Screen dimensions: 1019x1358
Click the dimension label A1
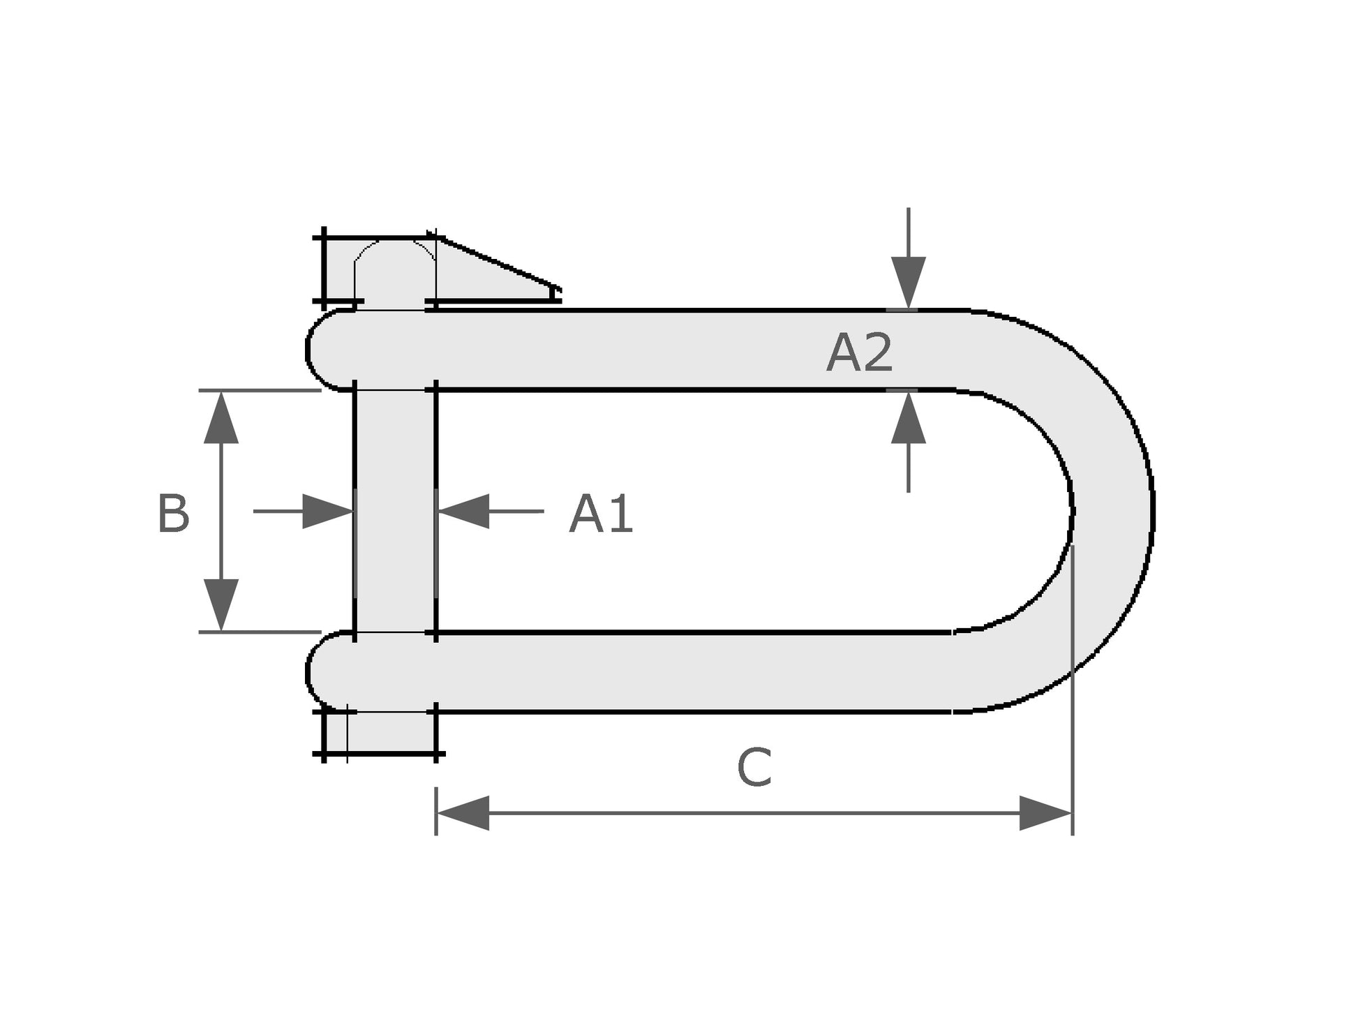pos(601,514)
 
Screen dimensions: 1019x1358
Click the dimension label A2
pos(859,353)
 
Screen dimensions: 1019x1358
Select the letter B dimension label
pos(173,514)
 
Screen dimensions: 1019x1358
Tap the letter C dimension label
pos(754,768)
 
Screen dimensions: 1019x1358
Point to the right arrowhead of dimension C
pos(1045,813)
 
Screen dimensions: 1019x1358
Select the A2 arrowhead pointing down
pos(908,281)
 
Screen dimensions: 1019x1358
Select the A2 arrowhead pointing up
pos(908,419)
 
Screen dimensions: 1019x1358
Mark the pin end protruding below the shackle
pos(391,733)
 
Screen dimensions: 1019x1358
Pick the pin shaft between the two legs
pos(395,511)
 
